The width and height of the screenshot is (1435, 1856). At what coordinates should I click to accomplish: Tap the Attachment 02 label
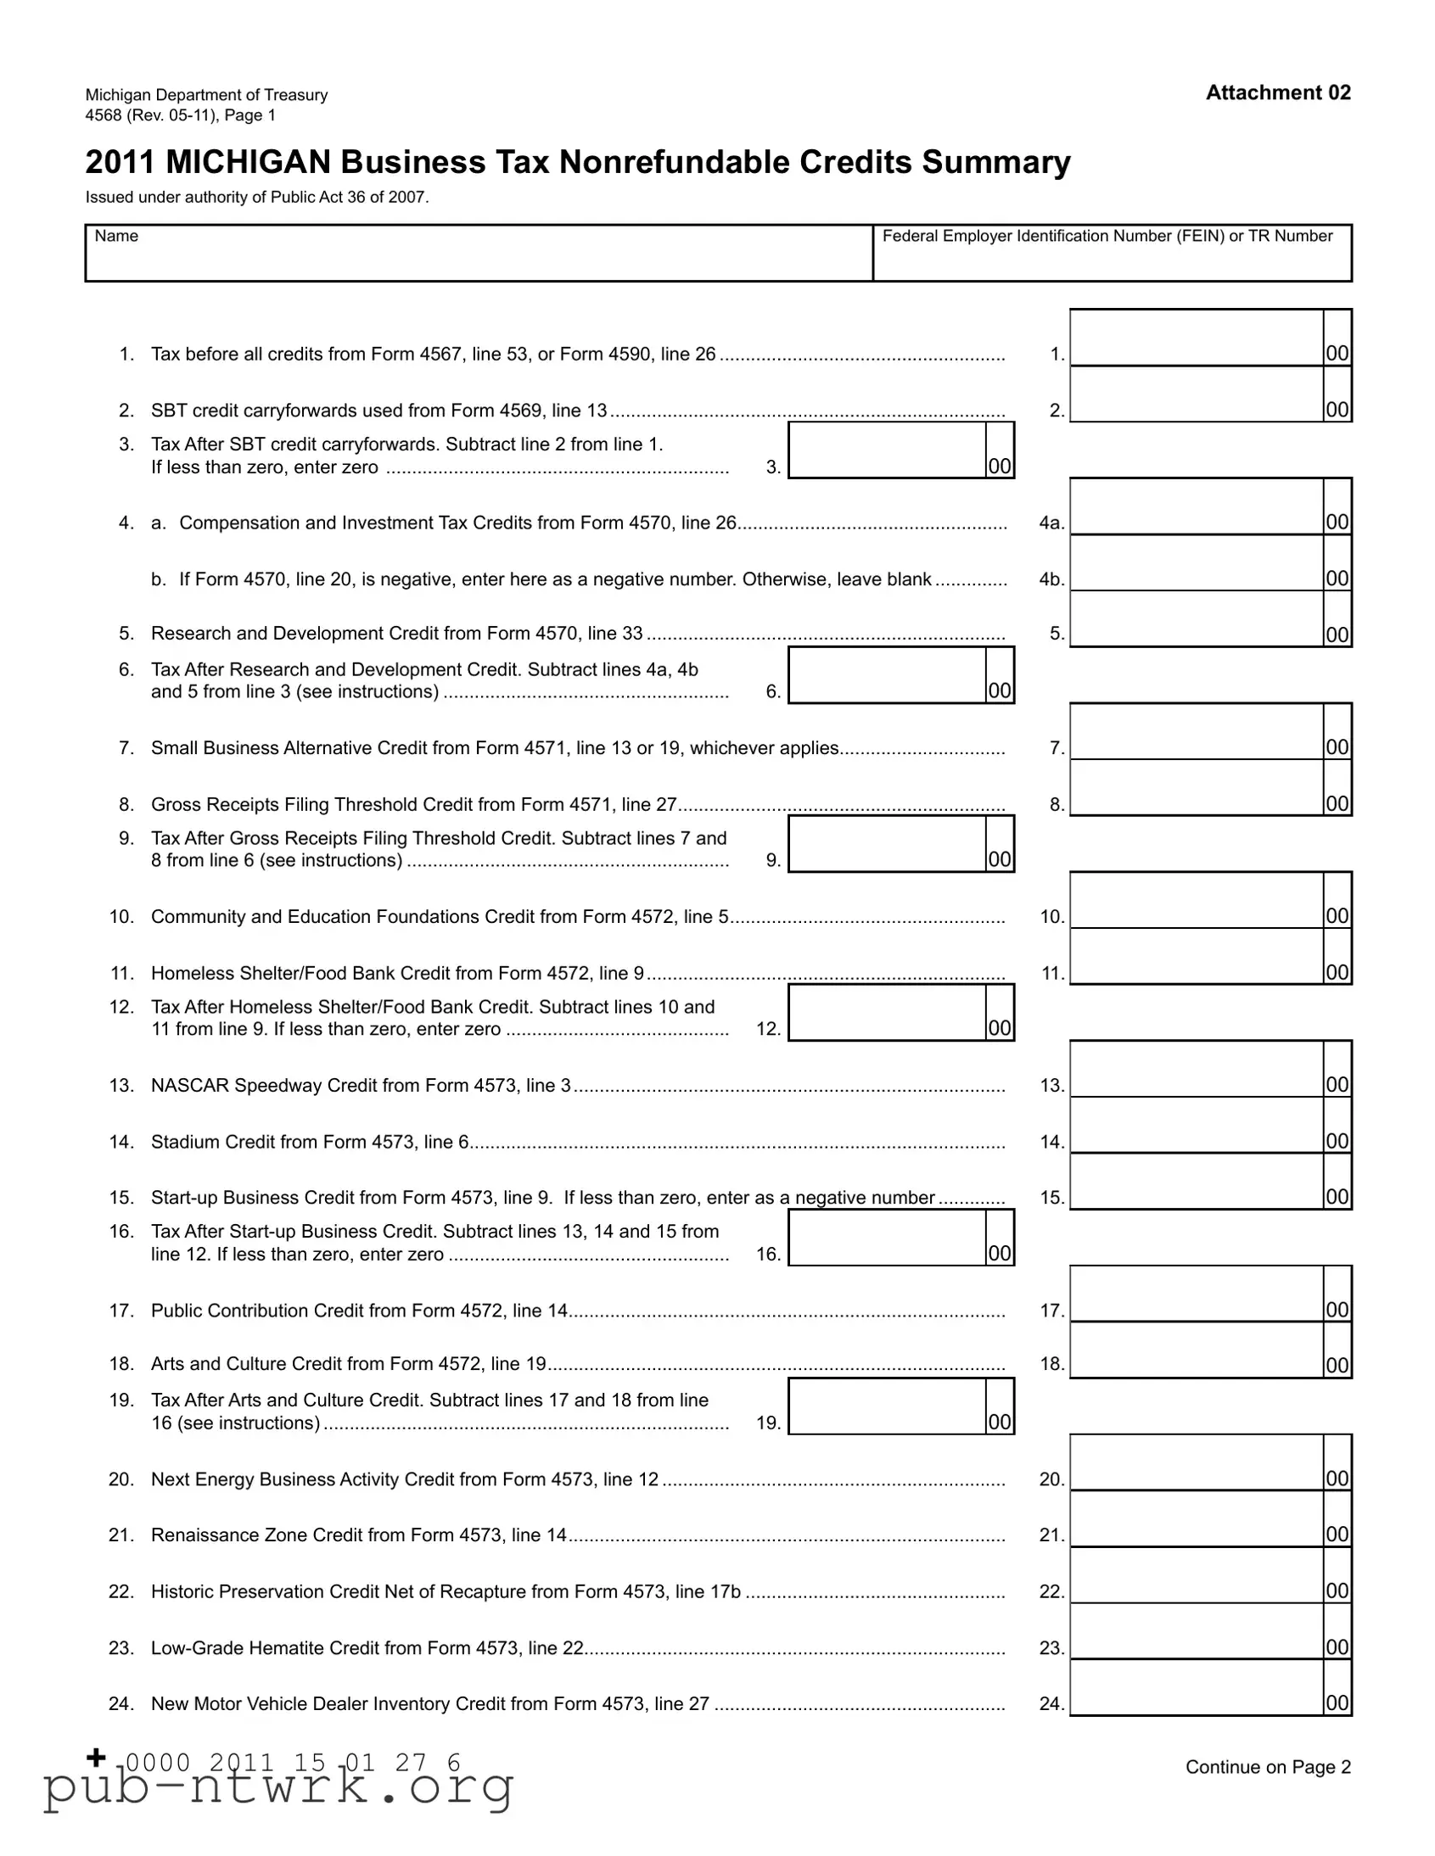pos(1278,92)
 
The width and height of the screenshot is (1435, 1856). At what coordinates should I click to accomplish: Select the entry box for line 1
pos(1197,338)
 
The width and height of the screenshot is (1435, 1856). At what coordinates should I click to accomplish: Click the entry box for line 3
pos(887,450)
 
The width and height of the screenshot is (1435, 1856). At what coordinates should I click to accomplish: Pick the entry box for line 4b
pos(1197,563)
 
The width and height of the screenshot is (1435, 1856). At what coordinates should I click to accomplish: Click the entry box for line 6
pos(887,675)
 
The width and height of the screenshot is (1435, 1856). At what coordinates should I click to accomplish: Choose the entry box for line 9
pos(887,844)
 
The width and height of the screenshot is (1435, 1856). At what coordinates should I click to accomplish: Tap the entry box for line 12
pos(887,1013)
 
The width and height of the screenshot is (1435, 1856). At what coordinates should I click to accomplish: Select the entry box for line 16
pos(887,1238)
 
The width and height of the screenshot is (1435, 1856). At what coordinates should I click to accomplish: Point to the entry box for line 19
pos(887,1406)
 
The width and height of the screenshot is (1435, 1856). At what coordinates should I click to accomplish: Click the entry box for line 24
pos(1197,1688)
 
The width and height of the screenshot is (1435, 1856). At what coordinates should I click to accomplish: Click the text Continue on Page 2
pos(1268,1768)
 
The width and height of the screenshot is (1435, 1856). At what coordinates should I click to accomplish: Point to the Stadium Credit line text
pos(310,1142)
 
